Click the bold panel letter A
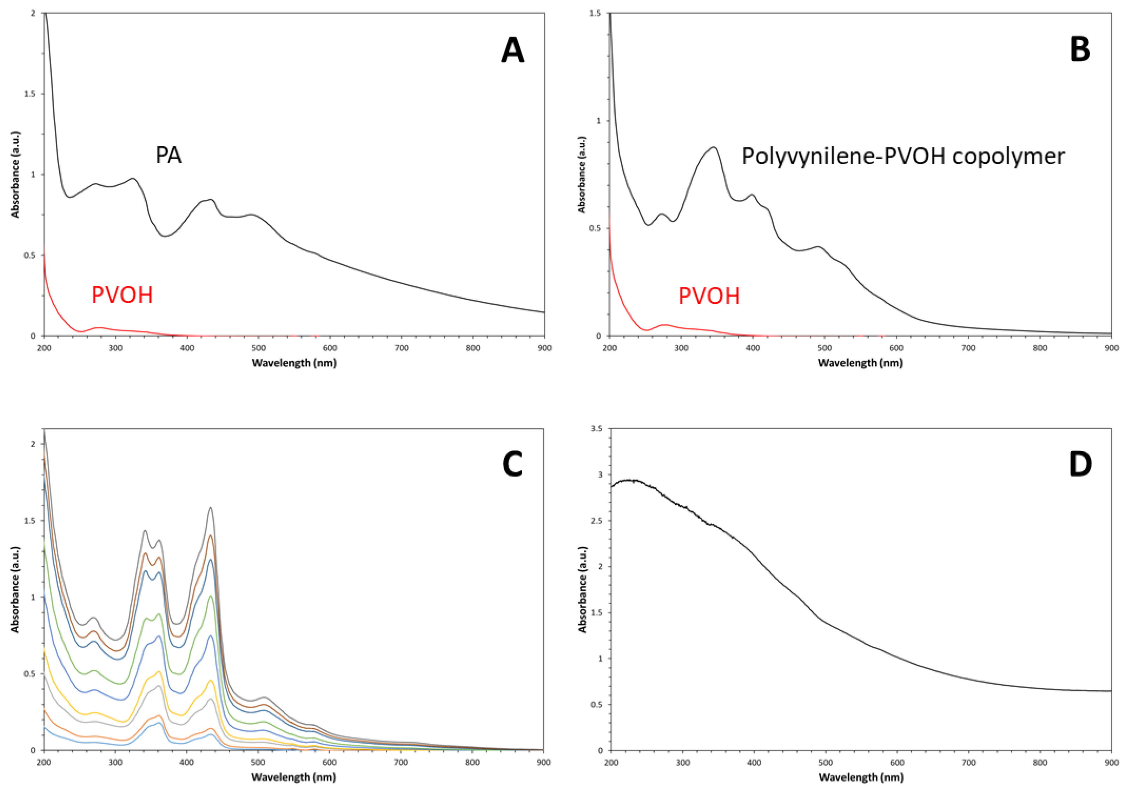tap(512, 51)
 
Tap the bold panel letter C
tap(512, 464)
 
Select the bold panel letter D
tap(1080, 464)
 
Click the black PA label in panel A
tap(168, 155)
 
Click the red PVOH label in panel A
tap(122, 295)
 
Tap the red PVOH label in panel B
tap(709, 296)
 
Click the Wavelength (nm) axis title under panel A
tap(294, 363)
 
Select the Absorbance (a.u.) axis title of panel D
tap(583, 590)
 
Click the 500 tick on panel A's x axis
tap(258, 348)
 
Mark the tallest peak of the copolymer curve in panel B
tap(714, 147)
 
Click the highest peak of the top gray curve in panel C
tap(211, 508)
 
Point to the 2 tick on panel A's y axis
tap(33, 14)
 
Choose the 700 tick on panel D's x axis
tap(968, 763)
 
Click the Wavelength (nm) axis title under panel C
tap(294, 777)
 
